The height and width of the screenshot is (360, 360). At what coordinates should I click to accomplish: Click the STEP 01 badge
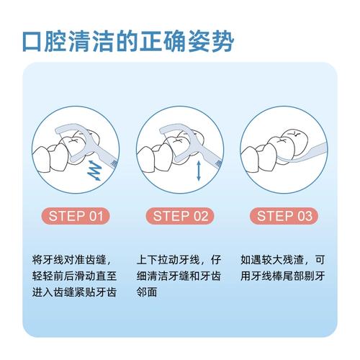click(x=76, y=215)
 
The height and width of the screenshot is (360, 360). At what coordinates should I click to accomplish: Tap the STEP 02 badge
click(x=179, y=215)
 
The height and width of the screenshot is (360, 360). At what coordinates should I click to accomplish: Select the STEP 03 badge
click(x=283, y=215)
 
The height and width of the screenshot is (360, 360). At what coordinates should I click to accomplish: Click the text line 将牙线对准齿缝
click(x=72, y=258)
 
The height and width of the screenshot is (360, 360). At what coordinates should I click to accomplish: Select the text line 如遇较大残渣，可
click(x=283, y=258)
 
